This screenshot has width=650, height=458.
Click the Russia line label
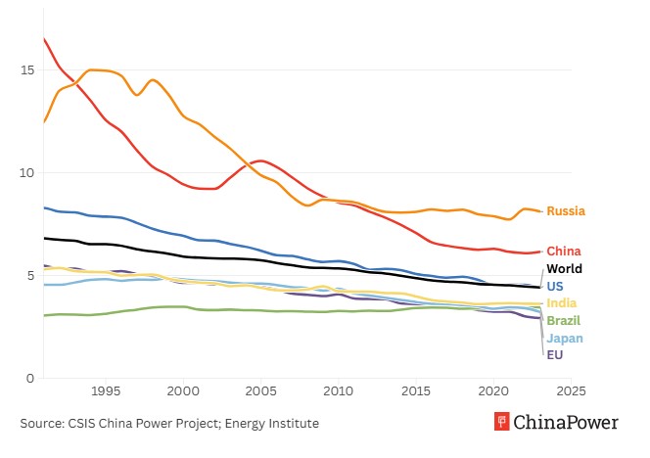(566, 211)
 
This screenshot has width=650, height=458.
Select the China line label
(564, 252)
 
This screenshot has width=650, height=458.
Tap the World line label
(564, 269)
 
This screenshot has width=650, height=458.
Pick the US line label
(555, 287)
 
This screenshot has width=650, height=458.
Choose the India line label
(561, 303)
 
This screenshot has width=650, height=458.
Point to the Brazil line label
(563, 321)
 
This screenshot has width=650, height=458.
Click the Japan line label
(564, 339)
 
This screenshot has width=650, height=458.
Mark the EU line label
(554, 355)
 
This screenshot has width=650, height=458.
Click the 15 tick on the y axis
(27, 70)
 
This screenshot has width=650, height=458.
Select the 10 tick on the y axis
(27, 173)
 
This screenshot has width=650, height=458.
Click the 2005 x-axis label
(260, 392)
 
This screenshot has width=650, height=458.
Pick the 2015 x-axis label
(416, 392)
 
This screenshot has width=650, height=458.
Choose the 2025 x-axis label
(571, 392)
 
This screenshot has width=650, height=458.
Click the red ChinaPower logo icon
(502, 423)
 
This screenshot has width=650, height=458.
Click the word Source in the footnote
(41, 424)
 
